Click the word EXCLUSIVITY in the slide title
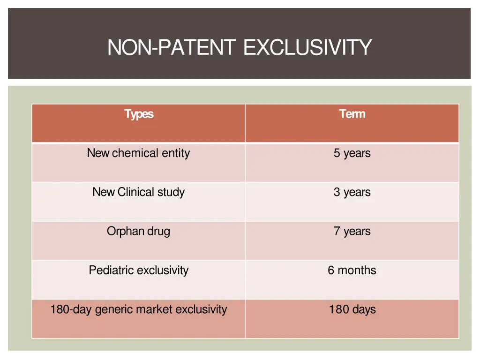[307, 47]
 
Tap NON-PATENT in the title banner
[172, 47]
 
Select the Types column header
[139, 114]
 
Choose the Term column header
[352, 114]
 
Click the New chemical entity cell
[138, 153]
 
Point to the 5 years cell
[352, 153]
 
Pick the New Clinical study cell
[138, 192]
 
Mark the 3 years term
[352, 192]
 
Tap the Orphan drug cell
[138, 231]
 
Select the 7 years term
[352, 231]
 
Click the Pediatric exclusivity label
[138, 270]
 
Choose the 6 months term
[352, 270]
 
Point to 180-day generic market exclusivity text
[138, 309]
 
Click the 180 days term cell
[352, 309]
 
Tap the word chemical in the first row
[135, 153]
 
